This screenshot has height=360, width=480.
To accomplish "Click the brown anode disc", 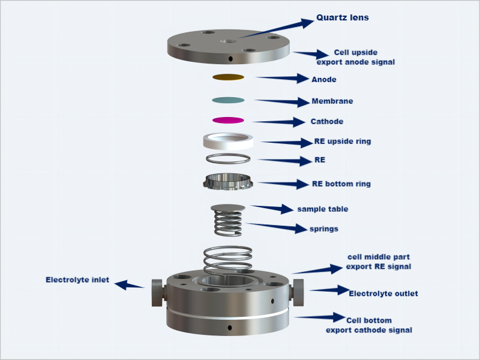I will coord(228,77).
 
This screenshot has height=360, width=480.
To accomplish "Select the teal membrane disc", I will coord(228,100).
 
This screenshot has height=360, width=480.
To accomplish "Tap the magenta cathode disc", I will coord(228,120).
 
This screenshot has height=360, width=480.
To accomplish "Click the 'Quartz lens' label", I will coord(343,18).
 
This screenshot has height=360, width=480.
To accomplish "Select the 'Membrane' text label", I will coord(332,101).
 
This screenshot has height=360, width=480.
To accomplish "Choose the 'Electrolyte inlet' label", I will coord(77,280).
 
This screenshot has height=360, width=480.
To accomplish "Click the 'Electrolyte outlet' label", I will coord(383,293).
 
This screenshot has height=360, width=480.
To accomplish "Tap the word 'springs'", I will coord(323,229).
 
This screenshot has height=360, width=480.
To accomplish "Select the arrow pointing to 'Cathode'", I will coord(280,122).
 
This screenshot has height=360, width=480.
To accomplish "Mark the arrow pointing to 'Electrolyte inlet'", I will coord(130,284).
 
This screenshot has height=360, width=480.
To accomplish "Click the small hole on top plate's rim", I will coord(230,58).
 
